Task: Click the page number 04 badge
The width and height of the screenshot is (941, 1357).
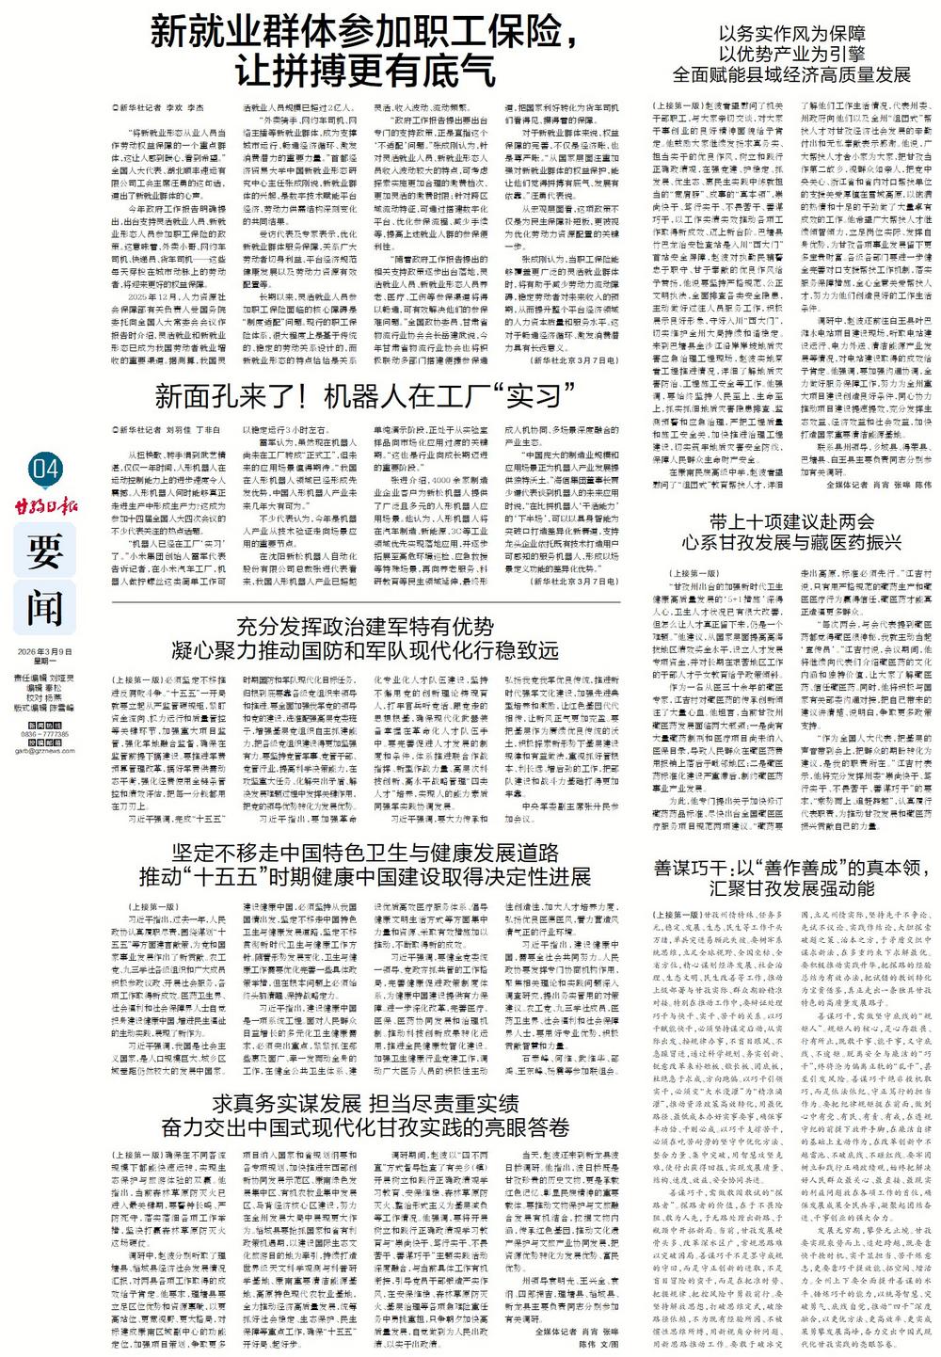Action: coord(45,467)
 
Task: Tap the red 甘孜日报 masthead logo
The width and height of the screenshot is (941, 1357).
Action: coord(46,507)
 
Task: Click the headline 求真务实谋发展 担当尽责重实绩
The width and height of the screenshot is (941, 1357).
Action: coord(366,1103)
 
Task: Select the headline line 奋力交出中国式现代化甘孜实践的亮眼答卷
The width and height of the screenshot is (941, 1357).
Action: coord(366,1126)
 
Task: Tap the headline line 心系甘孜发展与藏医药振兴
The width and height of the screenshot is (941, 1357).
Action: coord(789,543)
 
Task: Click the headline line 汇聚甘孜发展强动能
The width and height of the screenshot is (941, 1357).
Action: coord(790,888)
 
